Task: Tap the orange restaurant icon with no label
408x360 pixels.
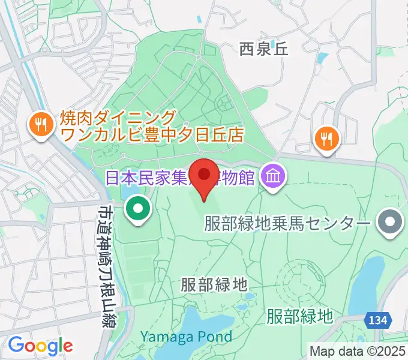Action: [x=326, y=139]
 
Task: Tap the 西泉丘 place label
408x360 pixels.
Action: [x=263, y=49]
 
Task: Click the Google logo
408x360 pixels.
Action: [x=40, y=346]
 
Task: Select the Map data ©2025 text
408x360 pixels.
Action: [x=358, y=351]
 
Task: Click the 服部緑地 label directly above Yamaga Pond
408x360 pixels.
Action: [x=214, y=284]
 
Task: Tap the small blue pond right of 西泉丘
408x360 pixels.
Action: [x=323, y=59]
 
